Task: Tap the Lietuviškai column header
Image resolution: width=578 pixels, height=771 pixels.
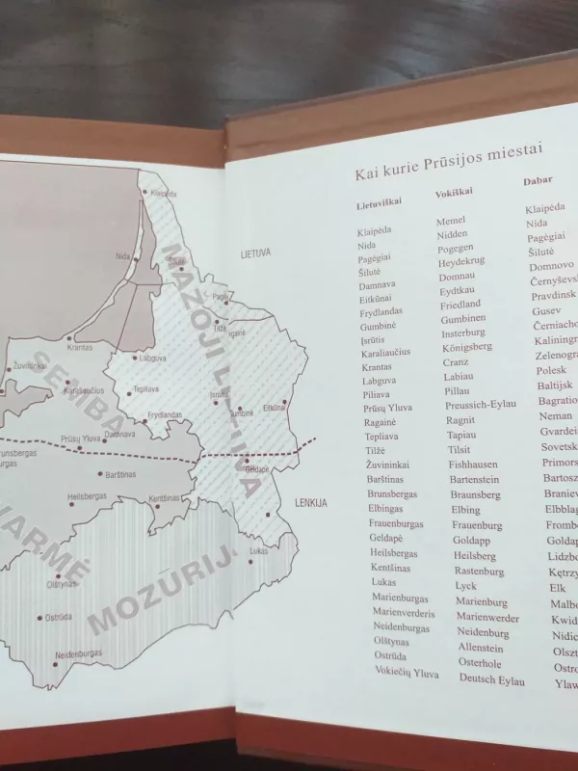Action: [x=379, y=202]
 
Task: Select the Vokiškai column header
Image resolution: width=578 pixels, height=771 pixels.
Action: [x=454, y=193]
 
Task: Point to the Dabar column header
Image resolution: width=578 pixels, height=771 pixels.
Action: [x=538, y=180]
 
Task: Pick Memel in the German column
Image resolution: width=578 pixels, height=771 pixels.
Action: [x=451, y=221]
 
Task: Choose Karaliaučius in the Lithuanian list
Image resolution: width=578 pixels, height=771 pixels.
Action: [x=386, y=352]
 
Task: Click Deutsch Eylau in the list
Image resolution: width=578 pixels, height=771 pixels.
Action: [x=491, y=680]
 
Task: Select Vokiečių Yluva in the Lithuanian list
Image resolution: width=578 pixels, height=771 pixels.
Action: [x=407, y=674]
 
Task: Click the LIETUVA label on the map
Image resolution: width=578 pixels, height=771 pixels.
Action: [x=256, y=253]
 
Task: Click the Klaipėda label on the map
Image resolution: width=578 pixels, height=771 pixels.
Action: [x=163, y=193]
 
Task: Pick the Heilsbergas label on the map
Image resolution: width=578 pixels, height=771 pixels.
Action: [x=85, y=499]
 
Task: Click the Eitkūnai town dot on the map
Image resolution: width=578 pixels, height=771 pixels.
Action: [x=286, y=403]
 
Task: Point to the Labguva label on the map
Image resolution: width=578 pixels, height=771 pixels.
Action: [x=153, y=359]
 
